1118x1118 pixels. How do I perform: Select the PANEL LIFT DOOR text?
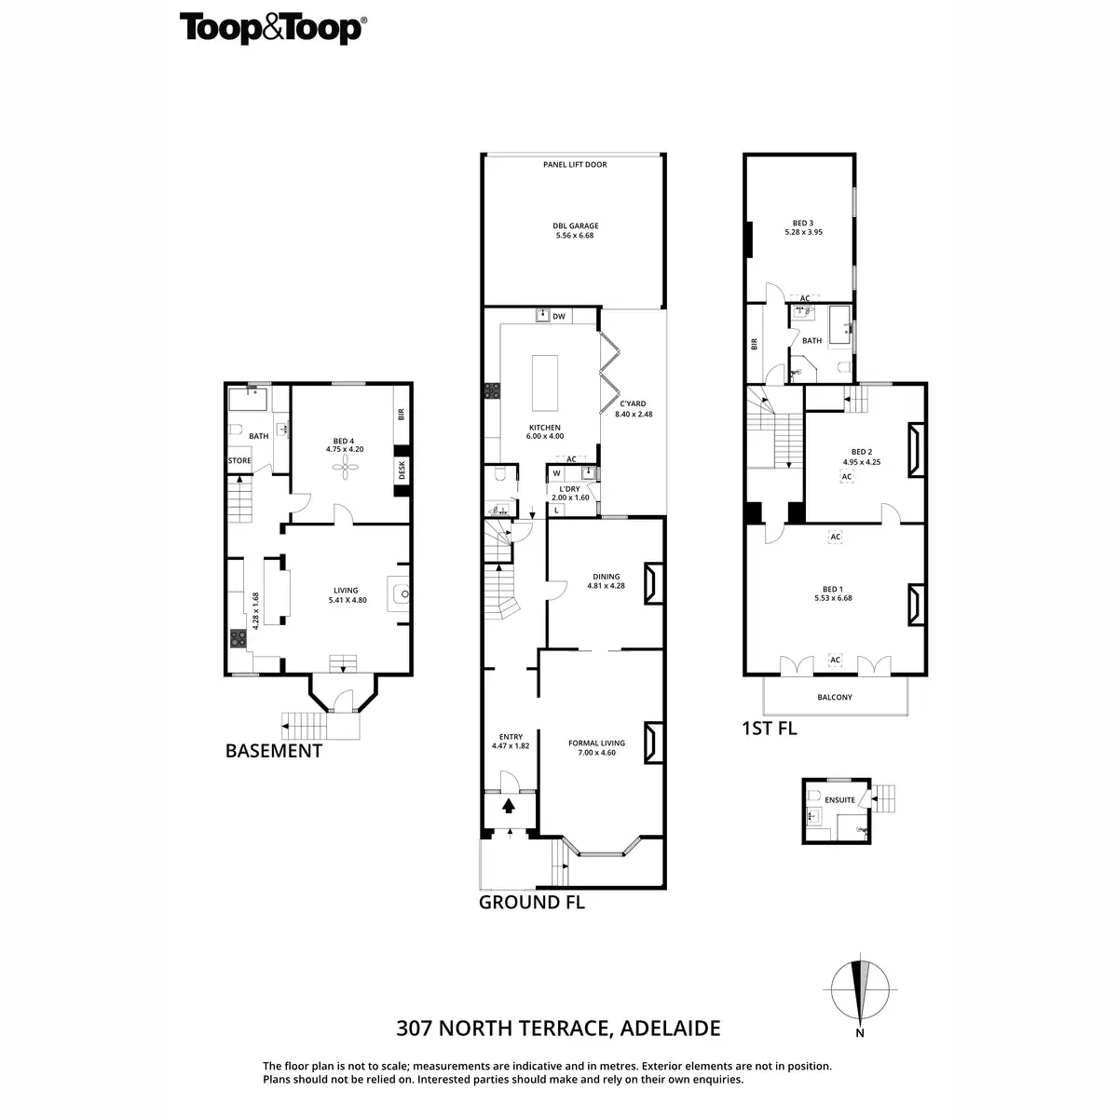point(574,165)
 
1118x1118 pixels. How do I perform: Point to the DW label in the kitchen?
point(559,317)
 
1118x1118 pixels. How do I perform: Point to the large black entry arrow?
point(510,806)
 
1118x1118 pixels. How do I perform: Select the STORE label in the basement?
point(239,460)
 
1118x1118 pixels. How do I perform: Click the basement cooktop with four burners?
point(238,639)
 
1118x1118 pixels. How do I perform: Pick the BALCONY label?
point(834,697)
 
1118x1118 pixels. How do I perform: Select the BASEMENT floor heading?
point(274,751)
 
